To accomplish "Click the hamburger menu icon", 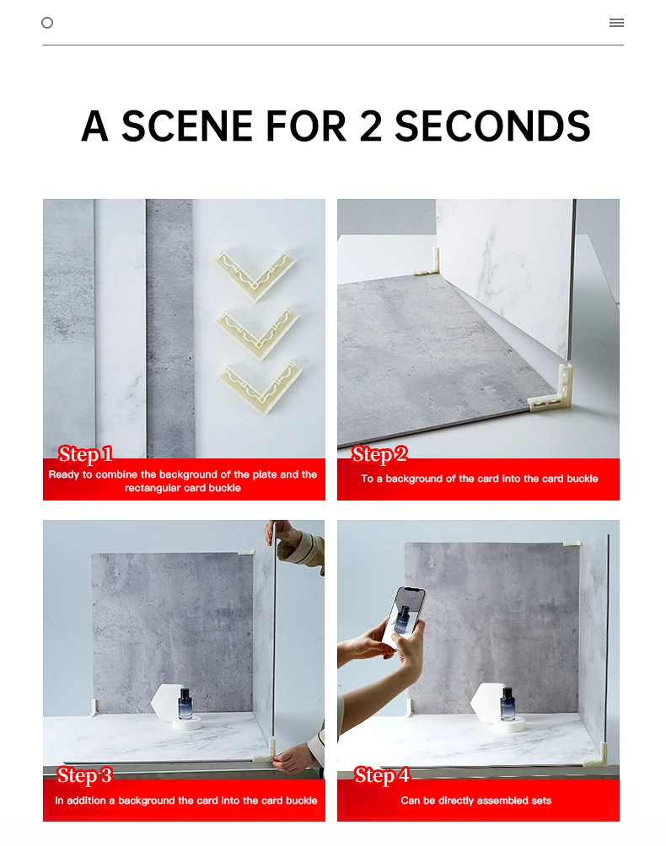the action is click(616, 23).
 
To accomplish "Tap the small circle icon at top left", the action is click(47, 23).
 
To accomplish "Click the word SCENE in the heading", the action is click(187, 126).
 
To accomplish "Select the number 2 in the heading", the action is click(370, 126).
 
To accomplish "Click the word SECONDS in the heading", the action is click(492, 126).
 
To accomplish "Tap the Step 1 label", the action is click(85, 454).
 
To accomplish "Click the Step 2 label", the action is click(379, 454).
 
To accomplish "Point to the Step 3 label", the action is click(84, 775).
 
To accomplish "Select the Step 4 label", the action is click(382, 775).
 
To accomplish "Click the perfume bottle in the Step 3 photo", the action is click(185, 704).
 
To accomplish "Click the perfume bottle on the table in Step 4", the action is click(508, 704).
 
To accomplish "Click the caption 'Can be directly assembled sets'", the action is click(476, 800).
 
